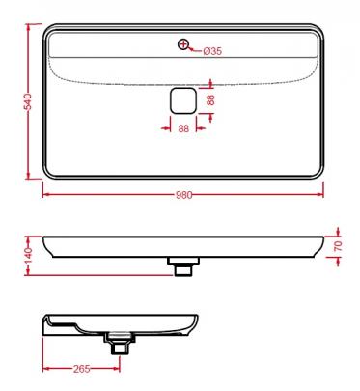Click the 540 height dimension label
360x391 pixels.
28,101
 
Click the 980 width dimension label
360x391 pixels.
183,195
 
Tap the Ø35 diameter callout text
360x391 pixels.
212,51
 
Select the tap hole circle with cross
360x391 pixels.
183,44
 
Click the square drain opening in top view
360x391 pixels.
183,100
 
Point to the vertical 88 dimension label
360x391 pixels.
210,99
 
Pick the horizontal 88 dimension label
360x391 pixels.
183,128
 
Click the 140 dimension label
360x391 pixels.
28,256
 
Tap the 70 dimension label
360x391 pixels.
338,246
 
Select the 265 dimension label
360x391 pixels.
82,369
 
